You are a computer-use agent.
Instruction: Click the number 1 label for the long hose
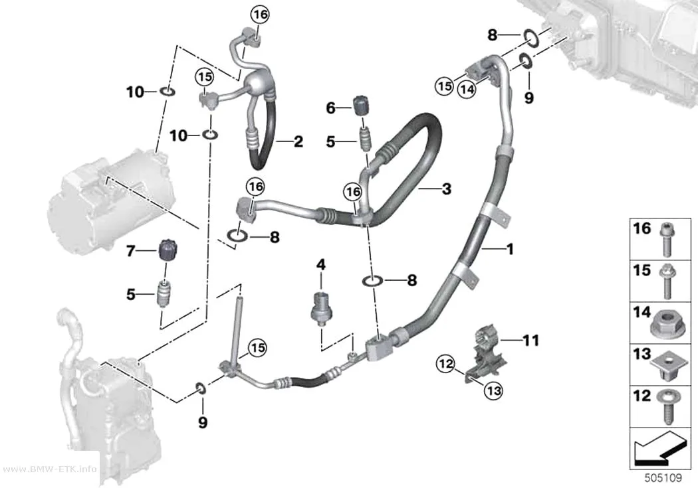pos(510,249)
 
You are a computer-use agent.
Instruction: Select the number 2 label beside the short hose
pos(298,142)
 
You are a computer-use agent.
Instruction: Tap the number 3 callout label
pos(447,189)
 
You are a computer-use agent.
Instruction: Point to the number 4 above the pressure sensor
pos(321,265)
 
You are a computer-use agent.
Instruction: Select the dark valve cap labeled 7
pos(166,251)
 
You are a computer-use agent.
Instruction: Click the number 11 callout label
pos(530,341)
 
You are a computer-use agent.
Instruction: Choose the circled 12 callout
pos(445,365)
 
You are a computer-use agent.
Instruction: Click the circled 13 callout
pos(493,391)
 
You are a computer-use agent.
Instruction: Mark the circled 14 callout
pos(467,90)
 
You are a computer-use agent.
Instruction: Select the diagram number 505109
pos(663,478)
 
